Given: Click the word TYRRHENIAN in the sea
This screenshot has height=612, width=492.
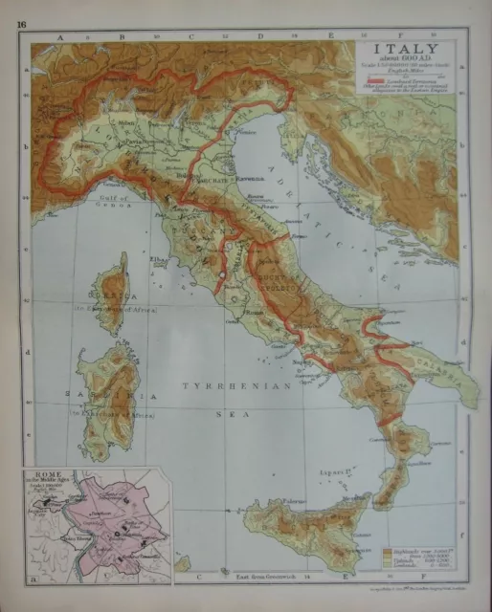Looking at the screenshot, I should pos(221,384).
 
